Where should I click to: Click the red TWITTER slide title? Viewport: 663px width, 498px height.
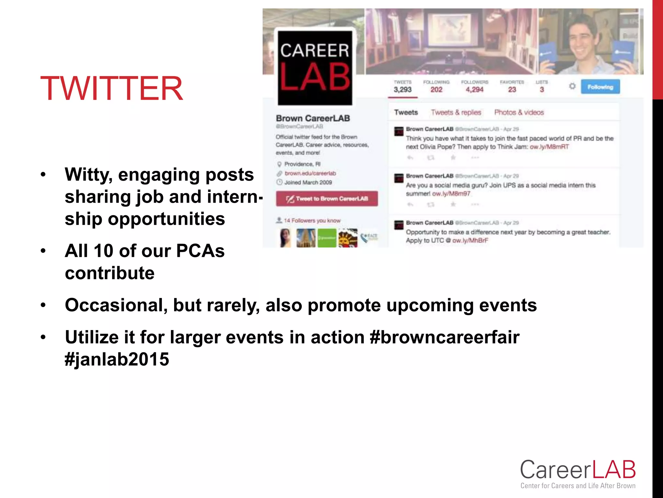111,89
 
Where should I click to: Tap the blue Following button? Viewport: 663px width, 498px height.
600,87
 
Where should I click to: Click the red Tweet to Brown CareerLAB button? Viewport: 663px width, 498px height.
327,199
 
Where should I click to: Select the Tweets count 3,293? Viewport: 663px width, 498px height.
402,90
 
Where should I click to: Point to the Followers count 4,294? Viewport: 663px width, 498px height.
474,90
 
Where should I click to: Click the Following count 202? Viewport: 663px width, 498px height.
436,90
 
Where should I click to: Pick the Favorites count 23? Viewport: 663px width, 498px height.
512,90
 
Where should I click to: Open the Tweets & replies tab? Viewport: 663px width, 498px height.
456,113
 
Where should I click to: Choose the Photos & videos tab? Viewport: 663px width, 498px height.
519,113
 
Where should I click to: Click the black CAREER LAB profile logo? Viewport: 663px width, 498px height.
315,68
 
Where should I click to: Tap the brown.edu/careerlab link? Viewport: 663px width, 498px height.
310,173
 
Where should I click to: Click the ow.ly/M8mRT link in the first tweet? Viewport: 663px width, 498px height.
549,147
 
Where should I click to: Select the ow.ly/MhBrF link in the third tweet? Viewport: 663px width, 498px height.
470,241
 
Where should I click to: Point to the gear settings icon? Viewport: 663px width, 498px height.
572,86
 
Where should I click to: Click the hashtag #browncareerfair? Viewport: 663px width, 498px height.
444,337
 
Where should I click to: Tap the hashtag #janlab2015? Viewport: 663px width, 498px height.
117,359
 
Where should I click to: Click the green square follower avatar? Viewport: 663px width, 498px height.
327,238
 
